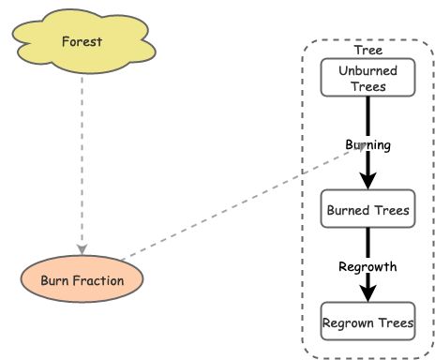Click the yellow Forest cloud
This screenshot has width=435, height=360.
point(82,42)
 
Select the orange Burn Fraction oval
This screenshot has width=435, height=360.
point(82,279)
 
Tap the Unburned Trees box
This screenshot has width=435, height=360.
point(367,78)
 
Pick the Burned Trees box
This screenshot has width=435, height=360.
point(367,211)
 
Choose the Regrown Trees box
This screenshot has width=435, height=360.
point(367,323)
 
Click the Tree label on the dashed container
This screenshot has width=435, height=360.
point(367,50)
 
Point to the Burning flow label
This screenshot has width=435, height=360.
point(367,145)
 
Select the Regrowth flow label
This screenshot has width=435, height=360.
point(367,267)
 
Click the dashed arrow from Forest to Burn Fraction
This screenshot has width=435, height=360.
point(82,159)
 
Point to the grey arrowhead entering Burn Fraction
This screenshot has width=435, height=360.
point(82,249)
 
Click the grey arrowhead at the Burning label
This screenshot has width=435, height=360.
point(360,147)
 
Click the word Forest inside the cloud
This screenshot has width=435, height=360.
point(82,41)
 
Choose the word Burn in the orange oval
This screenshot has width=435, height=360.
point(55,279)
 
